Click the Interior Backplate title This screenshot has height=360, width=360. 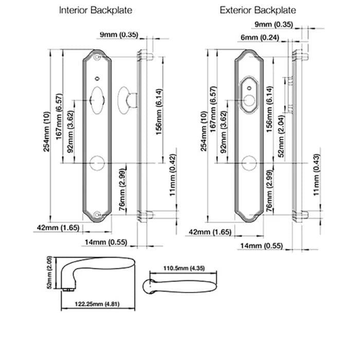coord(96,10)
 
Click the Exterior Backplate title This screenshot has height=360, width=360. coord(258,10)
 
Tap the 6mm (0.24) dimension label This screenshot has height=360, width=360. coord(260,38)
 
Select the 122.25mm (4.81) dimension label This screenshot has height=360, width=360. coord(97,304)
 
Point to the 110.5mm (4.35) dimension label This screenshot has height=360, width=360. coord(184,268)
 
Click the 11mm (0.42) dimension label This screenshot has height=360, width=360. coord(172,175)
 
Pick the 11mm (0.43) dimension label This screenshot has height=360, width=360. coord(317,175)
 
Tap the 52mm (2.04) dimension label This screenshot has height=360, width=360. coord(281,136)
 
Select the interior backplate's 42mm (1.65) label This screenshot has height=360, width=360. coord(58,228)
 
